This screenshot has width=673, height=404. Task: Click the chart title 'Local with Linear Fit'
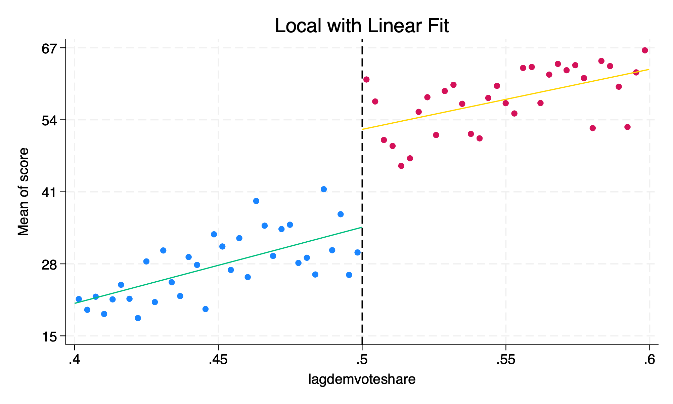pos(362,26)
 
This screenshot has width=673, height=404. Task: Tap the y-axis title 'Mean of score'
pos(24,192)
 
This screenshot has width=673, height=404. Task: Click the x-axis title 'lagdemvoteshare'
pos(362,379)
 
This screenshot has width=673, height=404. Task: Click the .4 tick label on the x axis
pos(74,360)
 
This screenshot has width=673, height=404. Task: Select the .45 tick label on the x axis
pos(218,360)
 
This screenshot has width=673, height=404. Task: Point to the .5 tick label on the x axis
pos(362,360)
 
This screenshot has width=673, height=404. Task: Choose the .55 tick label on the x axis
pos(505,360)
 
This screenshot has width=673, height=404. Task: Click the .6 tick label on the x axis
pos(649,360)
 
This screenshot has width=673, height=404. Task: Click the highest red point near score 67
pos(645,50)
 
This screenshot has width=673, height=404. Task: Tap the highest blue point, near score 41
pos(324,189)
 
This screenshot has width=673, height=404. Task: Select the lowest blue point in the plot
pos(138,318)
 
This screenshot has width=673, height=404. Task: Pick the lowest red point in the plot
pos(401,166)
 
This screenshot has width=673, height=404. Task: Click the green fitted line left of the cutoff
pos(218,265)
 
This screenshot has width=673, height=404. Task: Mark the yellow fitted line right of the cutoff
pos(505,99)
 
